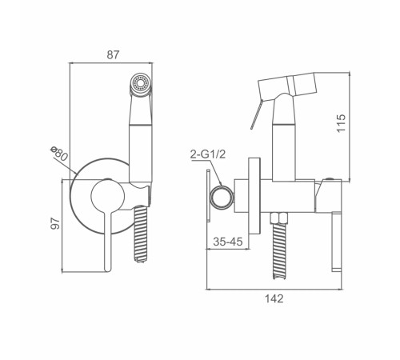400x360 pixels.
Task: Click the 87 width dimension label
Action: (x=113, y=54)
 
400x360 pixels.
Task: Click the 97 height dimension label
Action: (x=55, y=223)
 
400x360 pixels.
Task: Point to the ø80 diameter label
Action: (x=59, y=154)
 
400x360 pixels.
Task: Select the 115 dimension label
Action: (x=341, y=123)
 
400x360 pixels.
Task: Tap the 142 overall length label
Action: (x=274, y=298)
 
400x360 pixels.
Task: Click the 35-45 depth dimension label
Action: (x=228, y=242)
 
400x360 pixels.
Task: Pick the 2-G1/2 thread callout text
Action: (x=208, y=154)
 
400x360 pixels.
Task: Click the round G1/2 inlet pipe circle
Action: (x=222, y=197)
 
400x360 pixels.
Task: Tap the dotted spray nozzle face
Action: (x=141, y=82)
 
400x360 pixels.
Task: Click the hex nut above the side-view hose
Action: (x=279, y=218)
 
